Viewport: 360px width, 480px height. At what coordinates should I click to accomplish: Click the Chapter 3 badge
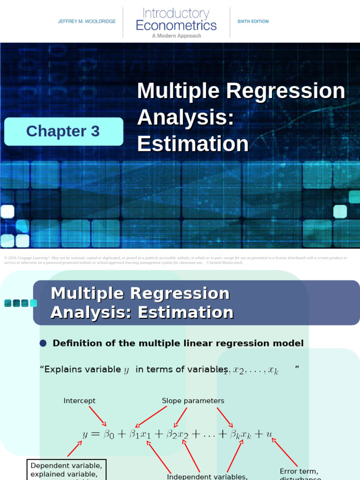pos(63,131)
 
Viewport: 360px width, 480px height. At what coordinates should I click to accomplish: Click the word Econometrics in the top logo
pos(176,25)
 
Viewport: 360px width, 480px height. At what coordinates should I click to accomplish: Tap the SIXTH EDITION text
pos(253,22)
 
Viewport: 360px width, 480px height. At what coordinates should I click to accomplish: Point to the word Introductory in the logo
pos(176,13)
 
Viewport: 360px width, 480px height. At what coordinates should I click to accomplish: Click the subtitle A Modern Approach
pos(176,36)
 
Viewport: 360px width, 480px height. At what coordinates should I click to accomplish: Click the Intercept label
pos(79,401)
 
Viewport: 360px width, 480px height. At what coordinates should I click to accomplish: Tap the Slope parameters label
pos(193,401)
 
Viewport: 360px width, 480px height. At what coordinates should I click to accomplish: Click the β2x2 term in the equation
pos(178,435)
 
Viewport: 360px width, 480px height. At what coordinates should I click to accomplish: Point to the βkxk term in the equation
pos(240,435)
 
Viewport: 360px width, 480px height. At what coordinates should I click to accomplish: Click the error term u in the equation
pos(269,434)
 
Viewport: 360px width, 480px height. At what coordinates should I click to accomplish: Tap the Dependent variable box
pos(66,470)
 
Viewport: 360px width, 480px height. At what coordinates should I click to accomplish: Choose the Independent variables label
pos(207,477)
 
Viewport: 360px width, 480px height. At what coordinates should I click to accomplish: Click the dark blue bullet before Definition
pos(44,344)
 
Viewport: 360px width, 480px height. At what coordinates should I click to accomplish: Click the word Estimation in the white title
pos(193,144)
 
